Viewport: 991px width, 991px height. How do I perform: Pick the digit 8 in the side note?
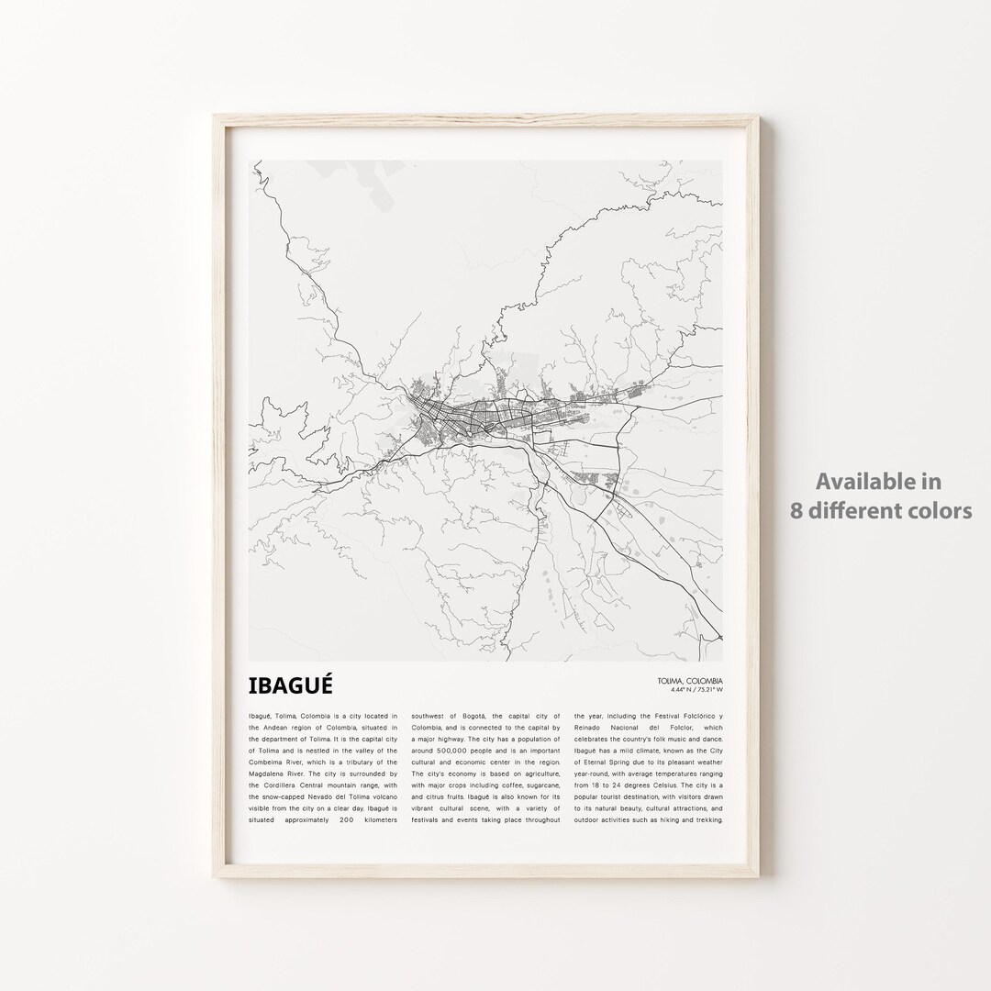[x=797, y=510]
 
